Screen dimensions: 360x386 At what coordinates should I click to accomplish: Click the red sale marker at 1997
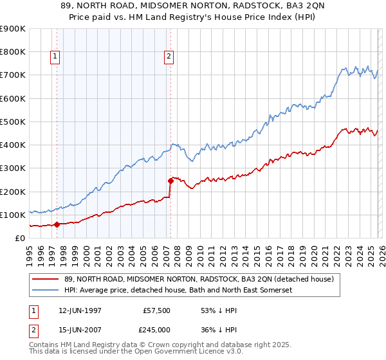pyautogui.click(x=57, y=224)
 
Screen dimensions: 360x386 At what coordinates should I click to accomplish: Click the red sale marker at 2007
pyautogui.click(x=170, y=181)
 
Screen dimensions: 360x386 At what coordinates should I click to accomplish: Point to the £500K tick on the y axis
pyautogui.click(x=13, y=122)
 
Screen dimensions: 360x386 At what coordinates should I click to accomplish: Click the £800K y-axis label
pyautogui.click(x=13, y=51)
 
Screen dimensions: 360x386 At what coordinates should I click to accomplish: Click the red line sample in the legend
pyautogui.click(x=46, y=280)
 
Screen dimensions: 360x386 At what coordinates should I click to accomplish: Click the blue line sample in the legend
pyautogui.click(x=46, y=291)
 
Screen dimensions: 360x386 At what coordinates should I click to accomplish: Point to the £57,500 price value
pyautogui.click(x=157, y=311)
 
